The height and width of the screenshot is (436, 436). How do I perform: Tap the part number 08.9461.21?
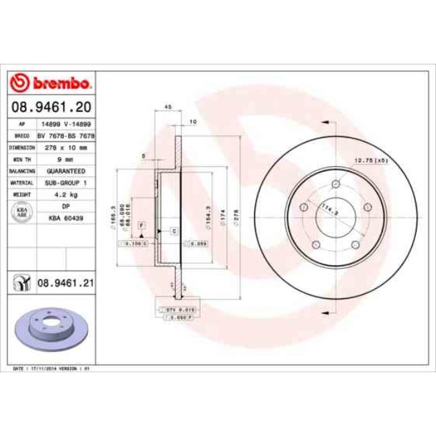click(64, 283)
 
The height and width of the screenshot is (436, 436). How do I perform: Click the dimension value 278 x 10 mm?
click(65, 147)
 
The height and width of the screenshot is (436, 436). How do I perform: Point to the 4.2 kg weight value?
click(65, 194)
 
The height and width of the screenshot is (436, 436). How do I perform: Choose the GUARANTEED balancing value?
click(65, 170)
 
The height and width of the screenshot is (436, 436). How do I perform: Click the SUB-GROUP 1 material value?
click(65, 182)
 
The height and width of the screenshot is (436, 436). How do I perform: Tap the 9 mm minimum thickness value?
click(65, 159)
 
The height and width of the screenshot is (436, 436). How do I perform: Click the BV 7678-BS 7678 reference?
click(65, 135)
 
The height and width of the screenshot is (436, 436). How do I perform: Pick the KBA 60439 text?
click(65, 218)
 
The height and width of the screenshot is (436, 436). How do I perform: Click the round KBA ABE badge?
click(21, 212)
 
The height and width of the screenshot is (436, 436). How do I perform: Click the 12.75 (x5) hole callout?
click(371, 160)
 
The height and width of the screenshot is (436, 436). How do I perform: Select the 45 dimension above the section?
click(168, 107)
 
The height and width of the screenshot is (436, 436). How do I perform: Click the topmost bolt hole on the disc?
click(336, 184)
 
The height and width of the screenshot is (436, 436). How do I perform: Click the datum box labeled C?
click(174, 231)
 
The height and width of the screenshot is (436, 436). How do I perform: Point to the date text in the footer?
click(52, 369)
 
